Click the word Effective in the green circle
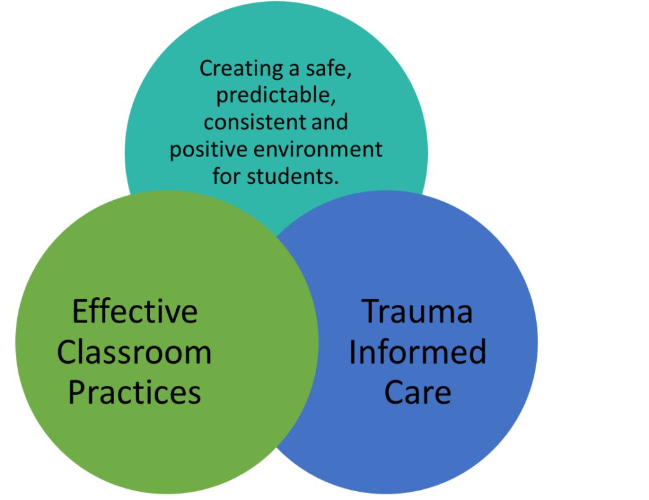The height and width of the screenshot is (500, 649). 134,312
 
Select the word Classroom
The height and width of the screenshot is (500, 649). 134,352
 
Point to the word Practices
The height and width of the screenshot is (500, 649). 134,392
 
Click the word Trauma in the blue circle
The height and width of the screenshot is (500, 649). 417,312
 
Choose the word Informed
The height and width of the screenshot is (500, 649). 417,352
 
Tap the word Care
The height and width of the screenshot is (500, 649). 417,392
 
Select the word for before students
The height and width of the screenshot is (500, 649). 226,176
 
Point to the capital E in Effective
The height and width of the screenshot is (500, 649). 80,312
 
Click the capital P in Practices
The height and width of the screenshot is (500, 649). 77,392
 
